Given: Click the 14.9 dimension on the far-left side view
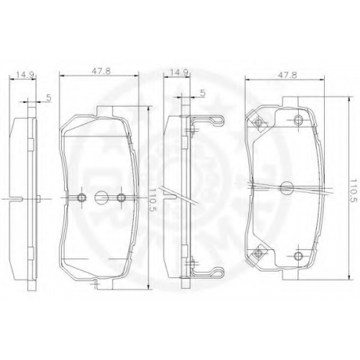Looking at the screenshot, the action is pos(24,75).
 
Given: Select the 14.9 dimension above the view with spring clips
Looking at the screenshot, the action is pos(179,73).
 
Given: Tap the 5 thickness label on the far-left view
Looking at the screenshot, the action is pos(49,98).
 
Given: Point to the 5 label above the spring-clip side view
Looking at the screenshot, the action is pos(203,93).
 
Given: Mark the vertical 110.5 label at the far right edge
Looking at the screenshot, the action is pos(353,190).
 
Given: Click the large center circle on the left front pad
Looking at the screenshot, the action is pos(101,197).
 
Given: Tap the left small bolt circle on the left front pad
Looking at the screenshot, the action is pos(82,197).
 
